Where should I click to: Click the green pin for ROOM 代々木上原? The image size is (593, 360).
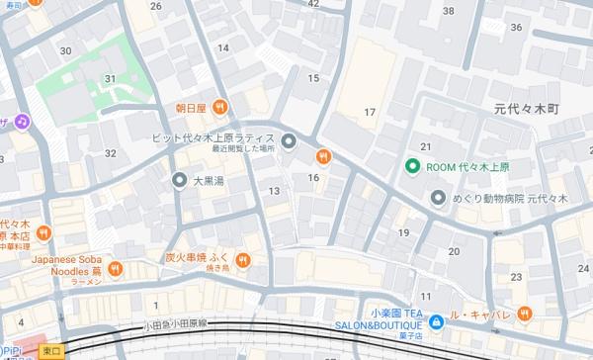[416, 166]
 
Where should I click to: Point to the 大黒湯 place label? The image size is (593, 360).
[210, 181]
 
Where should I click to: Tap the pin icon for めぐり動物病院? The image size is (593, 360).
[439, 199]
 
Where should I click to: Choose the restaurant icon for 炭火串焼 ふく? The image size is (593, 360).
[244, 260]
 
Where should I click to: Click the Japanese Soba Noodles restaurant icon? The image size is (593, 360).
[117, 267]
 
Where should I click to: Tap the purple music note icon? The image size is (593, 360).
[23, 121]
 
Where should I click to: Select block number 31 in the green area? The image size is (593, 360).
[111, 79]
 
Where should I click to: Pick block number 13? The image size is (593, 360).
[274, 190]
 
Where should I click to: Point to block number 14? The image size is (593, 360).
[223, 47]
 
